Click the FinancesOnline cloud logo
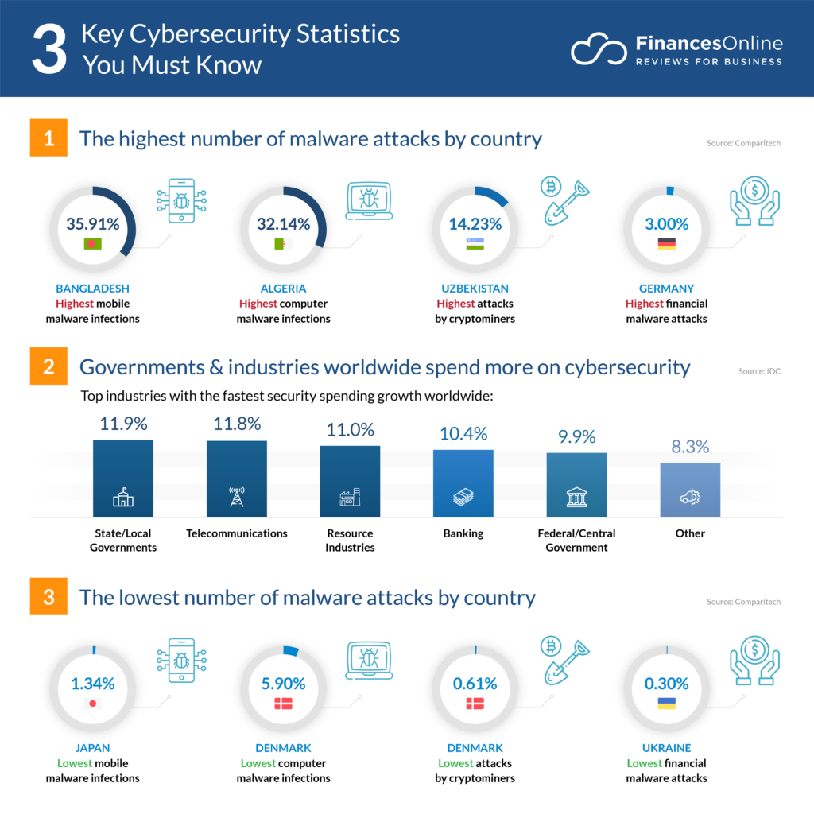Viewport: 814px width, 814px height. pyautogui.click(x=599, y=50)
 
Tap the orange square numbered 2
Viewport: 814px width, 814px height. pyautogui.click(x=48, y=368)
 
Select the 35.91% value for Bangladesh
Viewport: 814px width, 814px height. pyautogui.click(x=93, y=224)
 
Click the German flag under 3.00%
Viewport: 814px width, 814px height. pyautogui.click(x=666, y=244)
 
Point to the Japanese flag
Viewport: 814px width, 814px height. pyautogui.click(x=93, y=704)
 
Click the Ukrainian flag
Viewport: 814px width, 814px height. pyautogui.click(x=666, y=704)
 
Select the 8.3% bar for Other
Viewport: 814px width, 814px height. pyautogui.click(x=690, y=490)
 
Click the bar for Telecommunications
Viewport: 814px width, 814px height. pyautogui.click(x=236, y=479)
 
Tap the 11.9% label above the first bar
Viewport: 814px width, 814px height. pyautogui.click(x=122, y=423)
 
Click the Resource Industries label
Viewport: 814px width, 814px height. pyautogui.click(x=350, y=540)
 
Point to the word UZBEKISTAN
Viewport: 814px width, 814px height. pyautogui.click(x=475, y=289)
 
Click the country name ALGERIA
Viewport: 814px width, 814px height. pyautogui.click(x=283, y=289)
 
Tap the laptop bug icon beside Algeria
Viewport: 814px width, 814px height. pyautogui.click(x=369, y=200)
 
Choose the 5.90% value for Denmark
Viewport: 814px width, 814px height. pyautogui.click(x=283, y=684)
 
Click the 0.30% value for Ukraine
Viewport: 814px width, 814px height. pyautogui.click(x=666, y=684)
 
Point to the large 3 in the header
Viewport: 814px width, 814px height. pyautogui.click(x=48, y=49)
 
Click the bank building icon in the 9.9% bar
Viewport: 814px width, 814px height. pyautogui.click(x=576, y=498)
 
